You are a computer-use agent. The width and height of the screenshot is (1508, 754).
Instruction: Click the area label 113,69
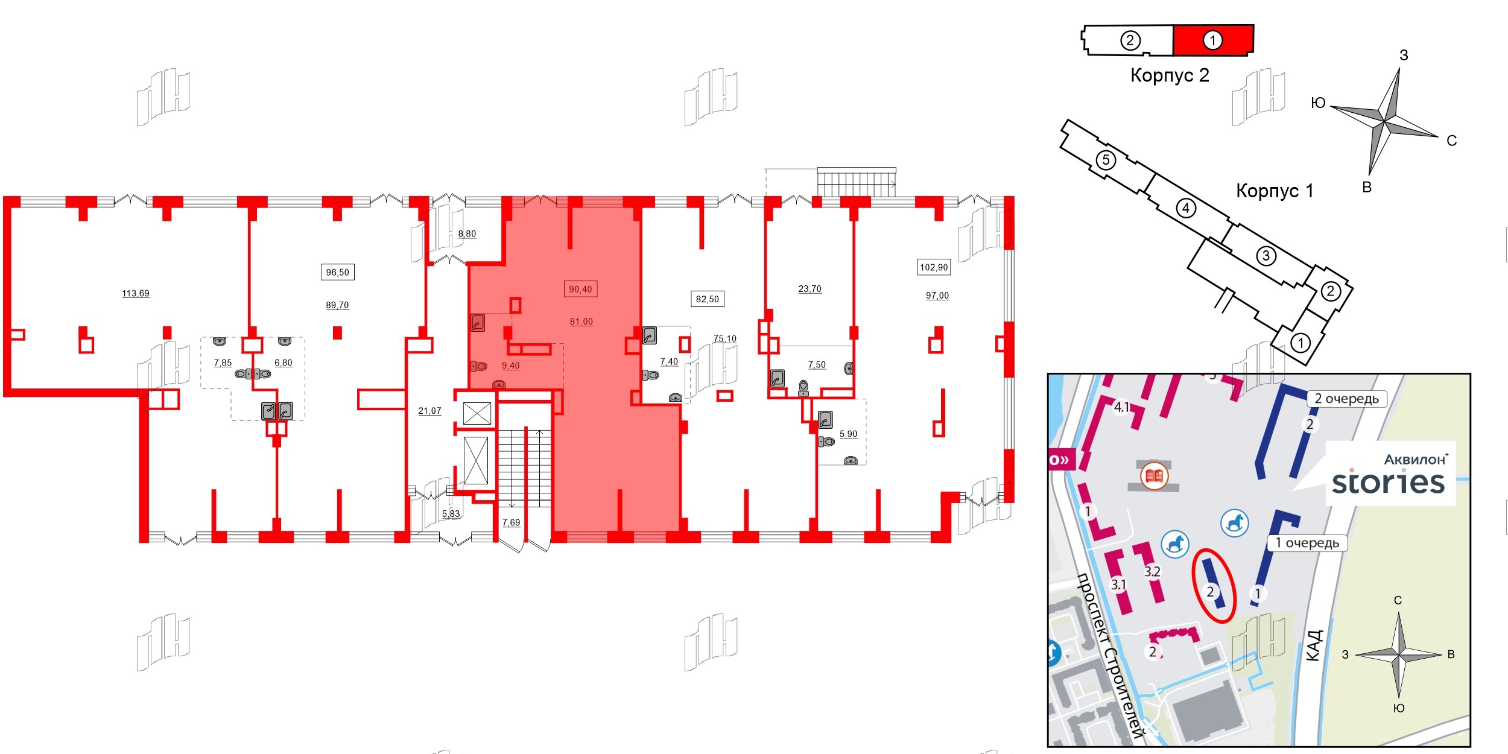[x=136, y=294]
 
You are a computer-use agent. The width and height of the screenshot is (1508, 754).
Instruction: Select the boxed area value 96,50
[x=337, y=273]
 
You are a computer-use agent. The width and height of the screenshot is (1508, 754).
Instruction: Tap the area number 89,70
[x=337, y=305]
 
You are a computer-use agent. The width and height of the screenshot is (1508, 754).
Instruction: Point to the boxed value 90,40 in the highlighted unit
[x=580, y=290]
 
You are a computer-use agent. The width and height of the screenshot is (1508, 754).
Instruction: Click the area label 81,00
[x=581, y=322]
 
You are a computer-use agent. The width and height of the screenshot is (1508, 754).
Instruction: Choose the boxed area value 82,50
[x=708, y=299]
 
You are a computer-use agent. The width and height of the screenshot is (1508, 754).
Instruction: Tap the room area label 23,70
[x=810, y=289]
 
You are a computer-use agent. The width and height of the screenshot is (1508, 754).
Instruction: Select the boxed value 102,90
[x=934, y=267]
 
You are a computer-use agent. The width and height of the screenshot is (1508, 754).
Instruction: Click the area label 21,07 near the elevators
[x=430, y=411]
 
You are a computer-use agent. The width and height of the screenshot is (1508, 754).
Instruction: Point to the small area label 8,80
[x=467, y=234]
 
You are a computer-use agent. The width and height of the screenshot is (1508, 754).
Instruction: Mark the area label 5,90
[x=848, y=434]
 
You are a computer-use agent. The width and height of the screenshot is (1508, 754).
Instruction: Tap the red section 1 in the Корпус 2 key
[x=1213, y=40]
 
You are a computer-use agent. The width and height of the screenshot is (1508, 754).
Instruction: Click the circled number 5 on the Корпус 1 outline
[x=1106, y=160]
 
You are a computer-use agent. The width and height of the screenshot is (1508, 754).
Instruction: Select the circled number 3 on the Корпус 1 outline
[x=1266, y=256]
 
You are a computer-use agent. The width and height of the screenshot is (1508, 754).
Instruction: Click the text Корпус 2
[x=1170, y=75]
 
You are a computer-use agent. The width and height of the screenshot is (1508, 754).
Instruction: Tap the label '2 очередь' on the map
[x=1346, y=399]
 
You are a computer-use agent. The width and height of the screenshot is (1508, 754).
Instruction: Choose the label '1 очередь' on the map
[x=1307, y=543]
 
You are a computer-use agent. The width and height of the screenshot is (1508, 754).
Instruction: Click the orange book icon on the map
[x=1155, y=477]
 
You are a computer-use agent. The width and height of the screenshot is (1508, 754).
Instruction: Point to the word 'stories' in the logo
[x=1388, y=483]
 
